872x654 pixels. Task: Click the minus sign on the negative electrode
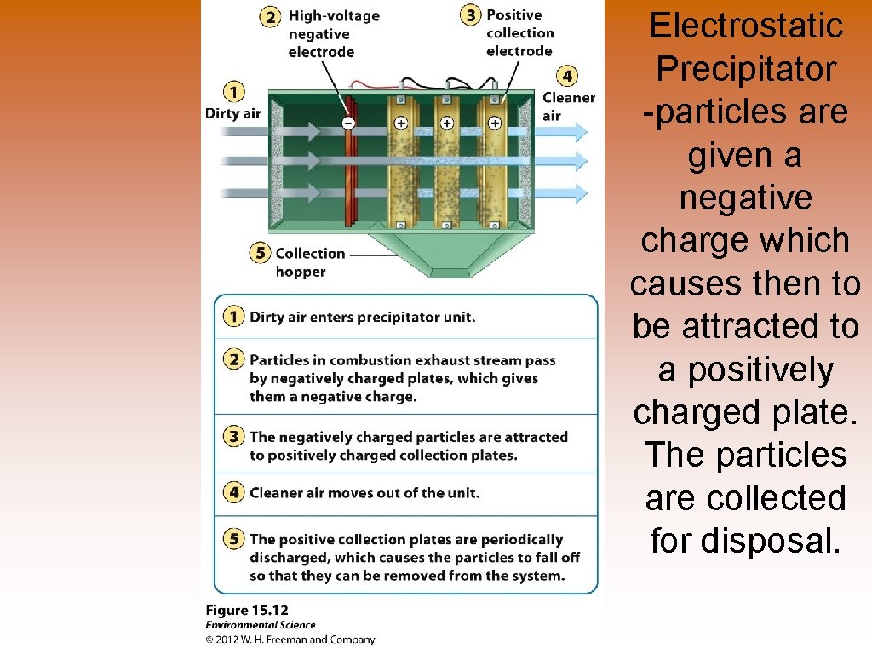(347, 123)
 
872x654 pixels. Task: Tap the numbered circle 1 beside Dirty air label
(232, 91)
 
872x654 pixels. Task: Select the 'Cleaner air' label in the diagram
(568, 106)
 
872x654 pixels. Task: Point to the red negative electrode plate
(348, 170)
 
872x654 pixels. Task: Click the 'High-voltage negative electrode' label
(332, 34)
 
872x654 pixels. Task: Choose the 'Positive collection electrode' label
(519, 32)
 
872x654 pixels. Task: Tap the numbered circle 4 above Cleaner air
(567, 75)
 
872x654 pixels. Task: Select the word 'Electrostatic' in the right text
(745, 26)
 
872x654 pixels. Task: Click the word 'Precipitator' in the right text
(745, 69)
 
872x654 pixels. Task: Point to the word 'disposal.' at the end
(745, 540)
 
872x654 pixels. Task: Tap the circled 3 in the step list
(232, 437)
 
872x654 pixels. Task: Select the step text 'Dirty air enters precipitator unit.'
(363, 317)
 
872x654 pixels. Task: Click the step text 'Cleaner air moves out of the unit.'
(364, 492)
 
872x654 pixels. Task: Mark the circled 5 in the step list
(232, 539)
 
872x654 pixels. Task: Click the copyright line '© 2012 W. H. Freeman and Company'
(290, 640)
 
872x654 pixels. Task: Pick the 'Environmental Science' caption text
(261, 625)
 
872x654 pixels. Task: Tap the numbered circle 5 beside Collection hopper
(261, 253)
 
